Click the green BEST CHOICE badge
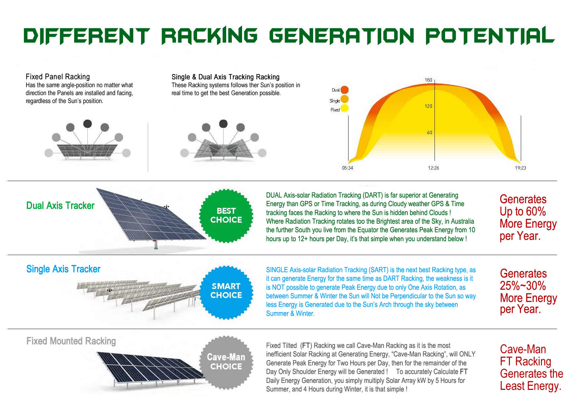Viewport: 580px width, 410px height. coord(226,215)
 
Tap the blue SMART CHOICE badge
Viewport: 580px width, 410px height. coord(226,291)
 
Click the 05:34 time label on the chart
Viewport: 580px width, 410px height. coord(347,168)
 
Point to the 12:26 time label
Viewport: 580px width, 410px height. coord(434,168)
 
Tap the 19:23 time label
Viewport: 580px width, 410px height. coord(520,168)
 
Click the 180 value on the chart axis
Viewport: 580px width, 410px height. coord(428,80)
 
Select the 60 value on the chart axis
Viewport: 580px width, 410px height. coord(429,132)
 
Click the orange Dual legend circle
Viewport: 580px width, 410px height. coord(345,90)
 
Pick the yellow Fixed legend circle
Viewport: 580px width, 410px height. coord(345,108)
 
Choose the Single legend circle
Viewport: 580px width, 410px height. coord(345,99)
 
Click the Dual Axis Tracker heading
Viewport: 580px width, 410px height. coord(60,205)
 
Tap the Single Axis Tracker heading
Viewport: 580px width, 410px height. coord(63,269)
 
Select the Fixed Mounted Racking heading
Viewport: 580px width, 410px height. coord(71,341)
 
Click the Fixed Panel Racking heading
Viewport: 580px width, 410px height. coord(58,77)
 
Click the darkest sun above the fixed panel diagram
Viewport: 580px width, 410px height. coord(87,124)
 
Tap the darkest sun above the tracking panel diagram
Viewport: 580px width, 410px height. coord(224,124)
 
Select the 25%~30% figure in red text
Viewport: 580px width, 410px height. coord(523,286)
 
